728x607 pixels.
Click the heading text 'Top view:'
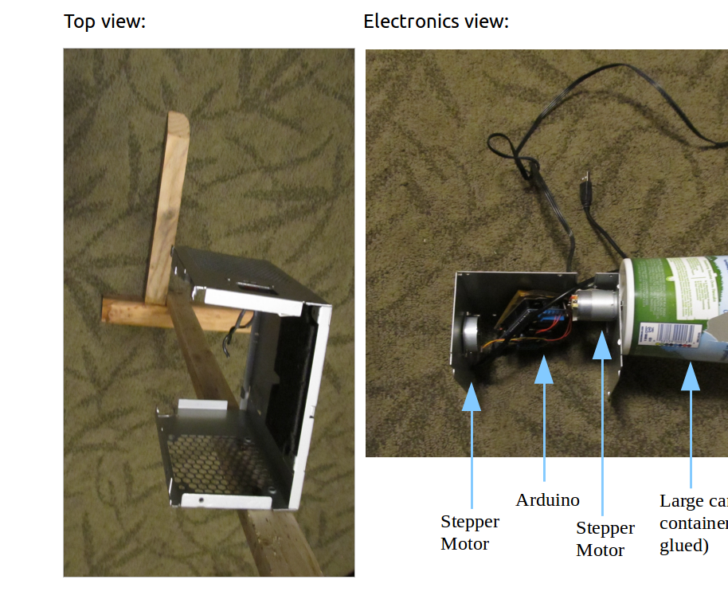104,22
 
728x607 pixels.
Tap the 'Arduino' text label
547,500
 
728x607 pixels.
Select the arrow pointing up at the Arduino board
544,422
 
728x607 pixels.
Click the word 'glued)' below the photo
683,546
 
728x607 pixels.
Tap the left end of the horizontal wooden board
112,309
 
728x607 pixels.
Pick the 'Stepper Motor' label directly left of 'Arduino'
470,533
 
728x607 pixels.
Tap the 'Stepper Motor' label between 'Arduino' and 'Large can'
605,539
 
